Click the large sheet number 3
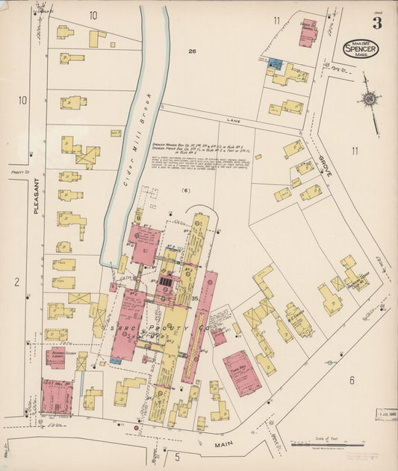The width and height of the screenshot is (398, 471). tap(377, 22)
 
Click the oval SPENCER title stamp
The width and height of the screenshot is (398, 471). tap(361, 49)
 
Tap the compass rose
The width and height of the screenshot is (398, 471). tap(369, 98)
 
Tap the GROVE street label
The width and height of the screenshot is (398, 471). tap(326, 165)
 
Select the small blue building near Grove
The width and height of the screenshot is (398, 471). tap(276, 64)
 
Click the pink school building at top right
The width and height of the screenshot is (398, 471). tap(308, 32)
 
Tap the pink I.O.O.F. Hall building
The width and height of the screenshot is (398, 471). tap(56, 396)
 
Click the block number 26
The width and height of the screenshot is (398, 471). tap(192, 51)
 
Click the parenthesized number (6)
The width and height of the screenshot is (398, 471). tap(187, 191)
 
